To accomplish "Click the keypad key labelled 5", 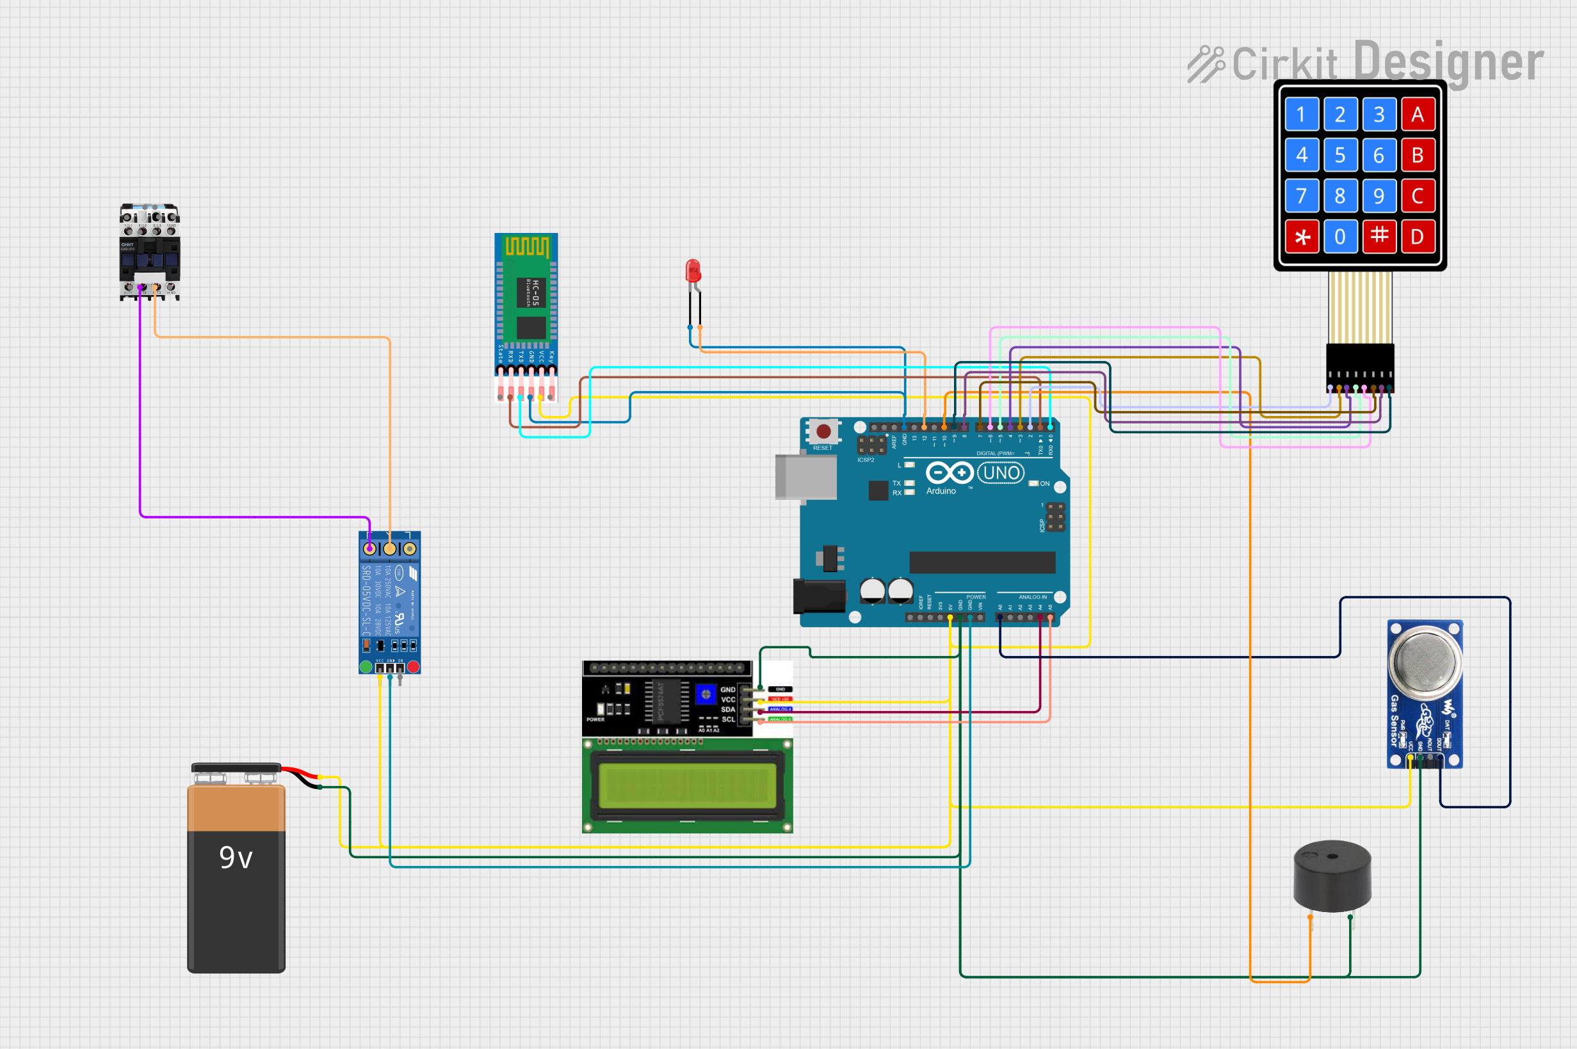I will [1339, 156].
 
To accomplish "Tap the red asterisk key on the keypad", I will [1301, 237].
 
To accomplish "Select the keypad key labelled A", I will [1417, 115].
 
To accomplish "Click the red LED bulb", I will [693, 271].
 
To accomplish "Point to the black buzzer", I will [1332, 876].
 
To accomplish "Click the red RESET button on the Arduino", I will [823, 431].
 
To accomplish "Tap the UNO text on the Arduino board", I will [1001, 473].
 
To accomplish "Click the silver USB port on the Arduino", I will [805, 476].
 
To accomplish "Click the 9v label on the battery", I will [236, 858].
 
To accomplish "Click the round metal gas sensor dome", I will [1425, 660].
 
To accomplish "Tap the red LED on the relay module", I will [414, 666].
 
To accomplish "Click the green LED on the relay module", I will [366, 666].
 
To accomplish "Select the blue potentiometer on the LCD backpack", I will [705, 694].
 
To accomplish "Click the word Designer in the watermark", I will [1448, 62].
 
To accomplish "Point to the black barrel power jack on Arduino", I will [818, 596].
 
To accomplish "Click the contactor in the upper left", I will [149, 252].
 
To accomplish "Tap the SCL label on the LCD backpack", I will [728, 720].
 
